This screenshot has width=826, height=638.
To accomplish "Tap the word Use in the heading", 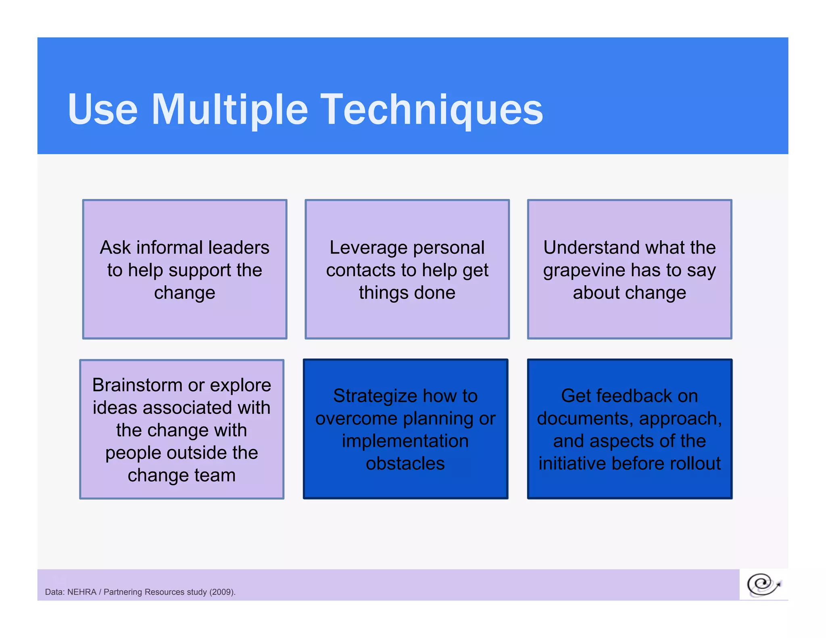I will pyautogui.click(x=102, y=110).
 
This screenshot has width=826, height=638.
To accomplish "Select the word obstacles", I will pyautogui.click(x=405, y=463).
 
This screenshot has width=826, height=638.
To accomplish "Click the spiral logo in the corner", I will pyautogui.click(x=763, y=584).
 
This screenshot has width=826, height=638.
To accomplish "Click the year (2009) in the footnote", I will pyautogui.click(x=222, y=592).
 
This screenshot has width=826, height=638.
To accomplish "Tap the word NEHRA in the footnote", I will pyautogui.click(x=81, y=592).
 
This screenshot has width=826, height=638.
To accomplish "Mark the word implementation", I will pyautogui.click(x=405, y=441).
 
